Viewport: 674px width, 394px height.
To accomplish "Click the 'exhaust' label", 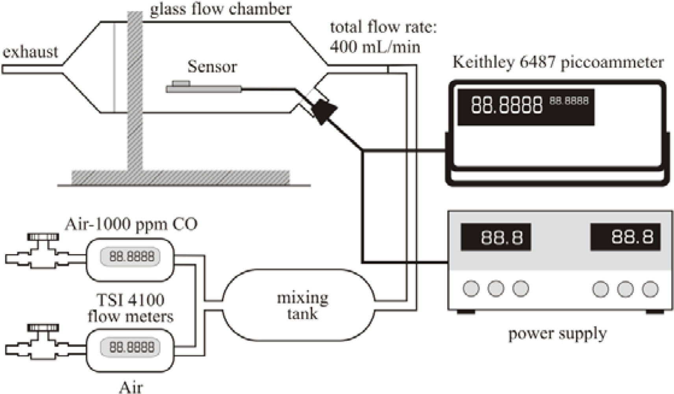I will pos(30,52).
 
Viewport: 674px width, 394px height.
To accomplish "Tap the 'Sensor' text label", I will pos(212,67).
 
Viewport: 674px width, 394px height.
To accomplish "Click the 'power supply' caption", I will pos(557,334).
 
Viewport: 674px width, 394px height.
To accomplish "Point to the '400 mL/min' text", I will pos(375,47).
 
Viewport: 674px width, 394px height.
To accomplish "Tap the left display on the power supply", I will pos(496,237).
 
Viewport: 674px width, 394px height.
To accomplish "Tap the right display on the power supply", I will pos(625,237).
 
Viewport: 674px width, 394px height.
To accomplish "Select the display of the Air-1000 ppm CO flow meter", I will pos(131,257).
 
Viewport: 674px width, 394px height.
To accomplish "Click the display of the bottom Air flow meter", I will pos(131,347).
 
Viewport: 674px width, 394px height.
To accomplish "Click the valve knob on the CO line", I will pos(43,237).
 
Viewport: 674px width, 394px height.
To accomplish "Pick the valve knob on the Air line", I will pos(43,327).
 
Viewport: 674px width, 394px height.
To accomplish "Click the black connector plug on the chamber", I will pos(324,111).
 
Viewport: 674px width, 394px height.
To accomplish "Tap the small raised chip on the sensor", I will pos(181,83).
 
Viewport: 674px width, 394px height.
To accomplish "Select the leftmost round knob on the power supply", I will pos(471,288).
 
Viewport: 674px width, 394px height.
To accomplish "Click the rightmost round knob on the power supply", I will pos(650,289).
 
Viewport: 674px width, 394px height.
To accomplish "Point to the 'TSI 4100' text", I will pos(130,300).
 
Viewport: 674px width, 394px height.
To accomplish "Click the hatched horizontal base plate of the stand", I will pos(180,177).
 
